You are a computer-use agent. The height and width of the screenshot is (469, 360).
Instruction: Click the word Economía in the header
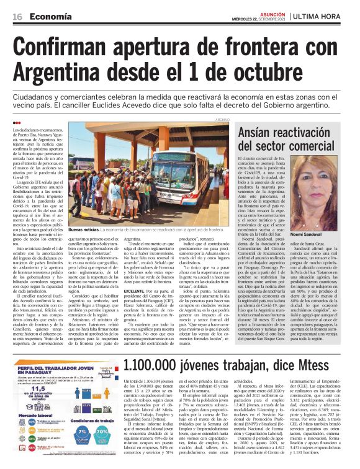(50, 16)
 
